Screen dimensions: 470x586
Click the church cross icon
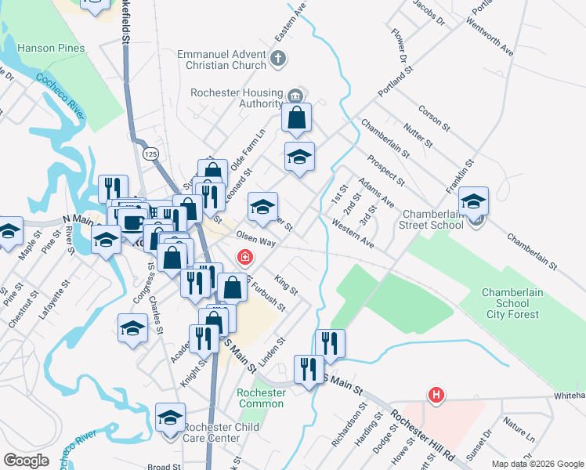coord(277,57)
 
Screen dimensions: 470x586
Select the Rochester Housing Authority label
coord(237,98)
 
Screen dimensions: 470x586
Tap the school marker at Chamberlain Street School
coord(473,201)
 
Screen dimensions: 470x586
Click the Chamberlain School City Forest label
coord(510,303)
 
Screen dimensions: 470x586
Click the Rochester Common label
coord(262,398)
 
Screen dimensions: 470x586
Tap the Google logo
coord(27,461)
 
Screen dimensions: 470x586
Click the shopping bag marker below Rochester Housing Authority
coord(297,118)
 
